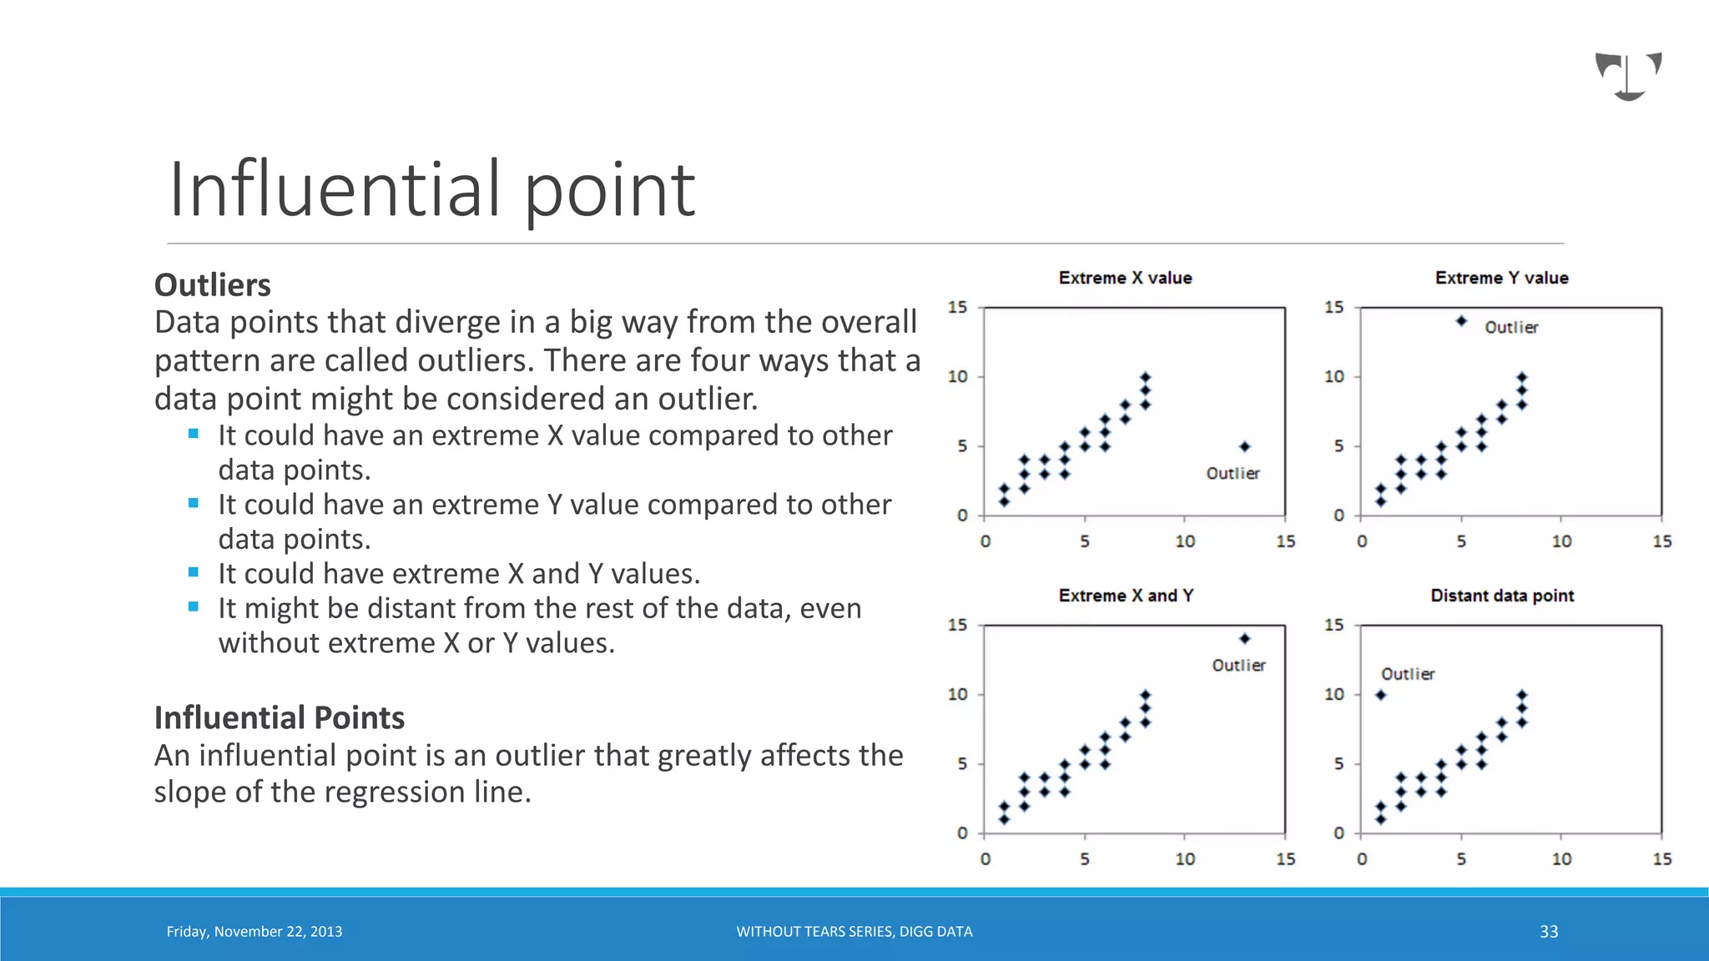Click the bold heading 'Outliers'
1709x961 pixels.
213,285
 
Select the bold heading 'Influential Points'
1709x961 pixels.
280,717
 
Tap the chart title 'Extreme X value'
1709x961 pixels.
1125,278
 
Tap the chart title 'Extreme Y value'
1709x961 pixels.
1501,278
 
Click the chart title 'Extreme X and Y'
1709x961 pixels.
1126,596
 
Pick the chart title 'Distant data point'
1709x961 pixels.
1502,596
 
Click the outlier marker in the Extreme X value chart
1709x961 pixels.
1244,446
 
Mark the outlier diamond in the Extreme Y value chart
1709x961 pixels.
1461,321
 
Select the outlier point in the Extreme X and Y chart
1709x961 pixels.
1244,639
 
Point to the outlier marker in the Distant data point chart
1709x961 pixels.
1381,695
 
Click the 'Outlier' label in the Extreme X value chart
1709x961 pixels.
1233,474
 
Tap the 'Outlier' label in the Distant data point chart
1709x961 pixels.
1408,674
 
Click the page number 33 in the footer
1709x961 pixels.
1549,932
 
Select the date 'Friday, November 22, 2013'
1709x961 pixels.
255,932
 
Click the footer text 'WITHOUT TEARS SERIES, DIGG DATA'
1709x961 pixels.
854,932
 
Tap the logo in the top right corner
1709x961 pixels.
1628,76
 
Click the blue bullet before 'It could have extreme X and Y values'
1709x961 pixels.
194,572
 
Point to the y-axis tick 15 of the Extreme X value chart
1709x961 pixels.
957,308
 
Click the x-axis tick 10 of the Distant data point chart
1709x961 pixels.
1561,859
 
